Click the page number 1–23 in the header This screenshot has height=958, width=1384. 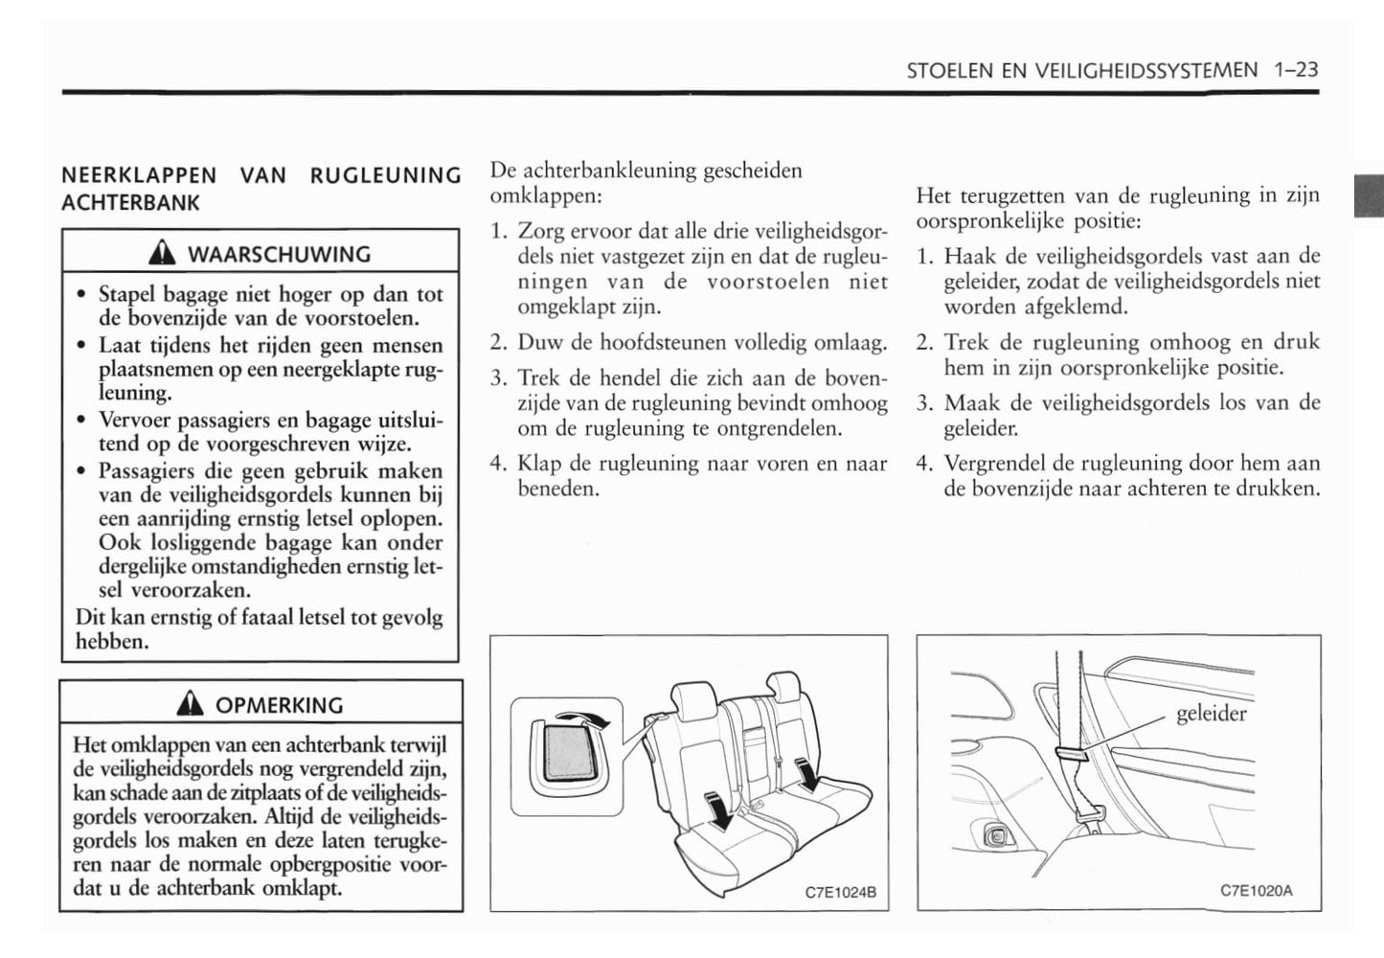pos(1296,70)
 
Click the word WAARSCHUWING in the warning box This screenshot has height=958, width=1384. pos(279,255)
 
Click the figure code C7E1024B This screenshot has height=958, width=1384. pos(840,892)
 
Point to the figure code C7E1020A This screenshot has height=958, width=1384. pos(1256,890)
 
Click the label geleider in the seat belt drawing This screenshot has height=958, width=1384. pos(1211,714)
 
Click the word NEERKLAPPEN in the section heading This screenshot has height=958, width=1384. pos(139,176)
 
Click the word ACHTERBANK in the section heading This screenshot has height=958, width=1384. pos(130,203)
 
